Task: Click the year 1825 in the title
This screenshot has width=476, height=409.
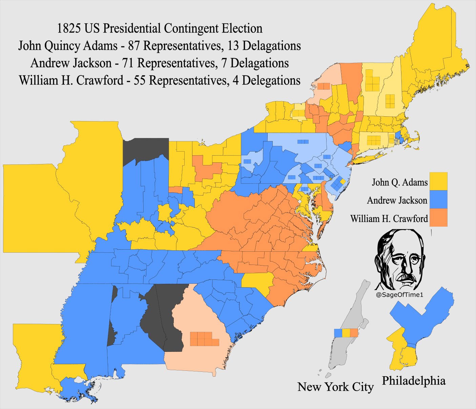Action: (69, 28)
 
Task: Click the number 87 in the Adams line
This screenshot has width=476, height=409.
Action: (134, 46)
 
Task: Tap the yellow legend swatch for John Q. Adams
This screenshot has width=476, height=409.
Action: (438, 181)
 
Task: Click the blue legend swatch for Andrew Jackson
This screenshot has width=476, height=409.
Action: (438, 199)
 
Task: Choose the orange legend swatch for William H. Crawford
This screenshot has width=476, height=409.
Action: (438, 218)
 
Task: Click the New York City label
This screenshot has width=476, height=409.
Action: (335, 387)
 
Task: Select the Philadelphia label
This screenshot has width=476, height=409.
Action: (414, 381)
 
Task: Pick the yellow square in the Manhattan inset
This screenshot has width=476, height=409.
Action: (346, 333)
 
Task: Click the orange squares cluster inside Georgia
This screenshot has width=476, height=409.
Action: (204, 339)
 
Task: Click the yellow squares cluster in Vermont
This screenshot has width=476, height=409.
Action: (372, 81)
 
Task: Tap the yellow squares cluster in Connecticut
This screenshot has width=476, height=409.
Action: (374, 140)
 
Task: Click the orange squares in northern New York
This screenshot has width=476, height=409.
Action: (324, 86)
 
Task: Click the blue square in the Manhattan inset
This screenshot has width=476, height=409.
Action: (338, 333)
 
